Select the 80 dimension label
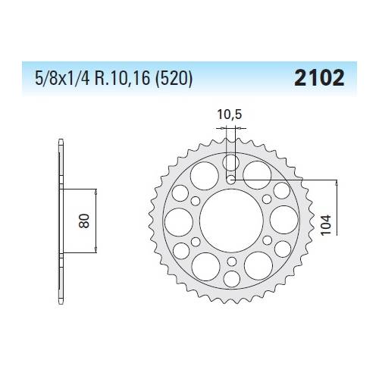88,221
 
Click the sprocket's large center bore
231,221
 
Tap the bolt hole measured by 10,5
231,180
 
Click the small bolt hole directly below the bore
231,261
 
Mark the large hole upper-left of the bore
205,175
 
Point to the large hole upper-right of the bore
258,175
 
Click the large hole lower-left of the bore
205,266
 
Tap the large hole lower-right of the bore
258,266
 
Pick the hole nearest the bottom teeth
231,278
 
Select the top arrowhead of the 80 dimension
96,190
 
